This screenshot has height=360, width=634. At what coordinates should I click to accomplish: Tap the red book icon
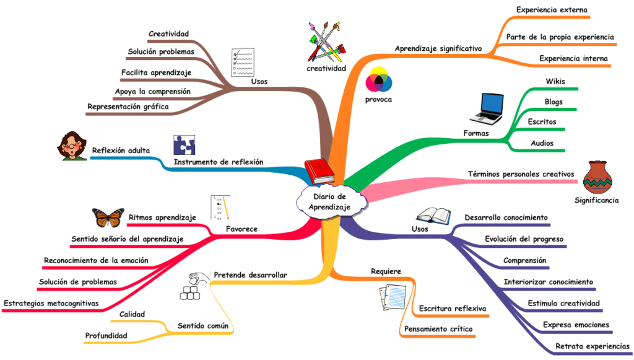point(319,172)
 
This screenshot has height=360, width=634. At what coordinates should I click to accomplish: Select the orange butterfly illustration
point(108,217)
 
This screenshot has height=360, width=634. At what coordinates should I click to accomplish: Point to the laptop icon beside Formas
point(487,108)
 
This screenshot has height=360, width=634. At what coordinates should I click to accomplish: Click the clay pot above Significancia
point(597,177)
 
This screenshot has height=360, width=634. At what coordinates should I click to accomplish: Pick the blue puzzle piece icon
point(185,145)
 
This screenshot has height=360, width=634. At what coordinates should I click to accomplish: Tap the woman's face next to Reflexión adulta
point(72,146)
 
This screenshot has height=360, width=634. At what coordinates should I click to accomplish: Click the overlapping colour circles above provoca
point(379,80)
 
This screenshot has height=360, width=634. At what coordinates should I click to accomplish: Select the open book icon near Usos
point(434,216)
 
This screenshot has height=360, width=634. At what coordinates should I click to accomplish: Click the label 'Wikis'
point(555,81)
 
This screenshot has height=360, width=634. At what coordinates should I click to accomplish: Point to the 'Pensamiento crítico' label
point(438,329)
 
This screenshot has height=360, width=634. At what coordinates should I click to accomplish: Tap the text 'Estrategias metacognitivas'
point(51,304)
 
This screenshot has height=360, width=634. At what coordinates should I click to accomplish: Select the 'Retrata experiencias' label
point(593,346)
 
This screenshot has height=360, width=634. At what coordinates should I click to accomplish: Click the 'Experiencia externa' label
point(552,10)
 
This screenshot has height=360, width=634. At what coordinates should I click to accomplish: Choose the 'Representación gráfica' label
point(128,107)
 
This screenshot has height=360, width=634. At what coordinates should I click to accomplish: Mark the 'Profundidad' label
point(106,336)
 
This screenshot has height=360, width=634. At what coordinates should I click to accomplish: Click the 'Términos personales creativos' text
point(521,174)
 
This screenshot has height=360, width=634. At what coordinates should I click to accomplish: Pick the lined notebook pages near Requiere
point(393,297)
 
